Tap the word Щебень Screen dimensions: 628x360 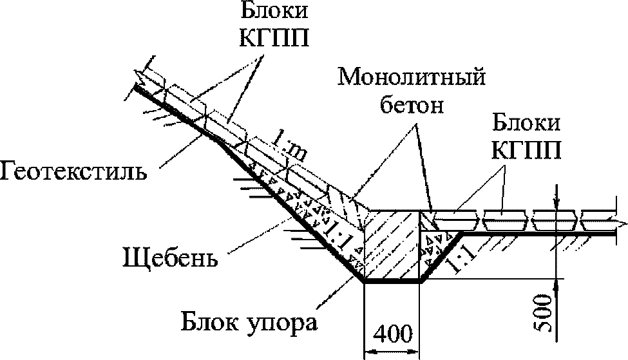point(170,258)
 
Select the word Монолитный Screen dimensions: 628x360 point(412,77)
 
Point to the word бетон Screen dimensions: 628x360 point(412,105)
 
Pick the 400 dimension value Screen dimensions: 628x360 point(393,334)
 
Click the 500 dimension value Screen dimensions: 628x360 point(544,313)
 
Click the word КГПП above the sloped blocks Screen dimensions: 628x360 point(275,38)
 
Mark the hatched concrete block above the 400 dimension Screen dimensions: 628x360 point(392,245)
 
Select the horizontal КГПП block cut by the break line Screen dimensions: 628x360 point(599,221)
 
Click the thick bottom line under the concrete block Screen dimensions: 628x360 point(392,281)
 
